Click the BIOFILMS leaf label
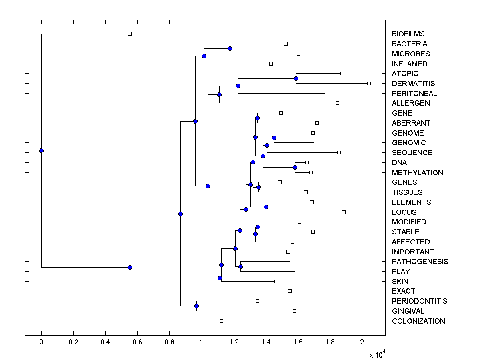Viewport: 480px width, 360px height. pos(408,34)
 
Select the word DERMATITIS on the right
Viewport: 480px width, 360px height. pos(413,84)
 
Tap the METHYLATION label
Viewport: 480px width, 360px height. pos(417,173)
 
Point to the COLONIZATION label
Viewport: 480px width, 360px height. pos(418,321)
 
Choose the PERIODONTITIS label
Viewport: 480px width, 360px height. pos(419,301)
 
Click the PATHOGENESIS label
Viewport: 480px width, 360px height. pos(420,262)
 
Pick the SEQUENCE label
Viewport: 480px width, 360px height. pos(412,153)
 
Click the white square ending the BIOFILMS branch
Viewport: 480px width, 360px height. pos(130,34)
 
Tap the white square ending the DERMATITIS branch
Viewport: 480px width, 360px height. pos(369,83)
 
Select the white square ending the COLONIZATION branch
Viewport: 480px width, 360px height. pos(221,321)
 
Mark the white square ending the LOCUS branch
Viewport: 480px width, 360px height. pos(344,212)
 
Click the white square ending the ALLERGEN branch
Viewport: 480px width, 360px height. pos(337,103)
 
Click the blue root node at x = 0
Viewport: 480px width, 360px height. pos(41,150)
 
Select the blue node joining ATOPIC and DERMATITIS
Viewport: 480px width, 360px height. pos(296,78)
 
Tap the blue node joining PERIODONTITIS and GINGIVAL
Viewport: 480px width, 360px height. pos(196,306)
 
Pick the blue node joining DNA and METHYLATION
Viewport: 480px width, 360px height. pos(295,167)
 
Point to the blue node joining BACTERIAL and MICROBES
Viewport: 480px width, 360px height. pos(230,49)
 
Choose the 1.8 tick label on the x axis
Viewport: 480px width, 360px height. pos(330,342)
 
